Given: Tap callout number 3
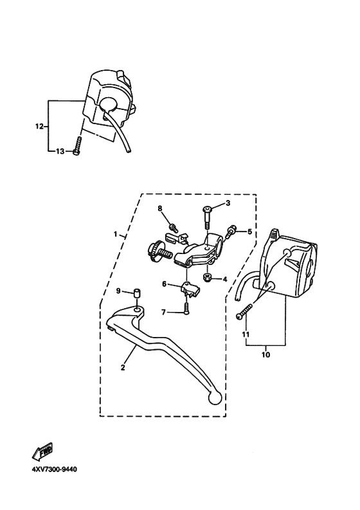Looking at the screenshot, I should (x=227, y=204).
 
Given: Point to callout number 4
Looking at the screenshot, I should (x=226, y=279).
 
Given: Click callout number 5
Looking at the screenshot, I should (x=250, y=232).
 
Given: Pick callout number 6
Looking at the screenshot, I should (x=165, y=284).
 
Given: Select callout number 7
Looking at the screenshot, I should (x=163, y=313).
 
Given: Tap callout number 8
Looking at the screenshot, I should (x=161, y=208).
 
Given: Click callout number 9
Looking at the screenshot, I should (x=118, y=291).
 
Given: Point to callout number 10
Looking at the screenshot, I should (x=265, y=354).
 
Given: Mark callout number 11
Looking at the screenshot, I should (x=245, y=334).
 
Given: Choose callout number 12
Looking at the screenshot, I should (x=38, y=127).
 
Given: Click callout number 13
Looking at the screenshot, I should (x=59, y=151).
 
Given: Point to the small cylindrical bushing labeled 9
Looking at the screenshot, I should (x=137, y=295).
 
